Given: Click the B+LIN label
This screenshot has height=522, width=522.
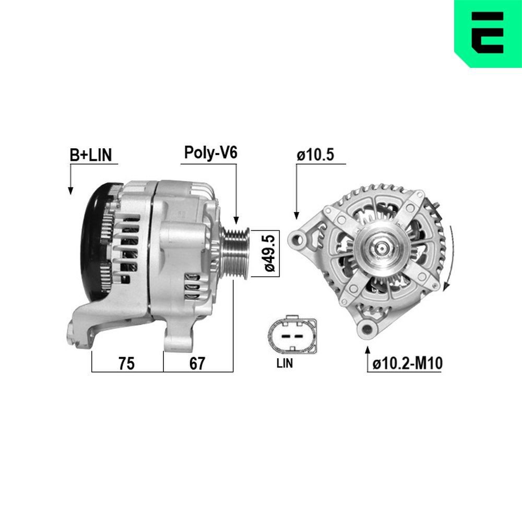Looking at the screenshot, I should coord(91,155).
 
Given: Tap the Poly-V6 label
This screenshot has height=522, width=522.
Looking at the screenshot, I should coord(210,152).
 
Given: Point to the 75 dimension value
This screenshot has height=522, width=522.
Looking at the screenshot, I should coord(126,363).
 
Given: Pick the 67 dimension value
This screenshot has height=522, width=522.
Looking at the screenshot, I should coord(197,363).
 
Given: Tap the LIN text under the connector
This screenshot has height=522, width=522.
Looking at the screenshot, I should coord(284,364).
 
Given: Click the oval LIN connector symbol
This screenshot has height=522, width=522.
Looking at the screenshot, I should coord(291,334).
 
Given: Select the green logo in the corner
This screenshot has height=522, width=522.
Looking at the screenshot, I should coord(488,33).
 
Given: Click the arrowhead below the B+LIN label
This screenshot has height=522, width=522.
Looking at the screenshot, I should coord(70,191).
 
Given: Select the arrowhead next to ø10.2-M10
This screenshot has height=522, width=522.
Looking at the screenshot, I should coord(369,348).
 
